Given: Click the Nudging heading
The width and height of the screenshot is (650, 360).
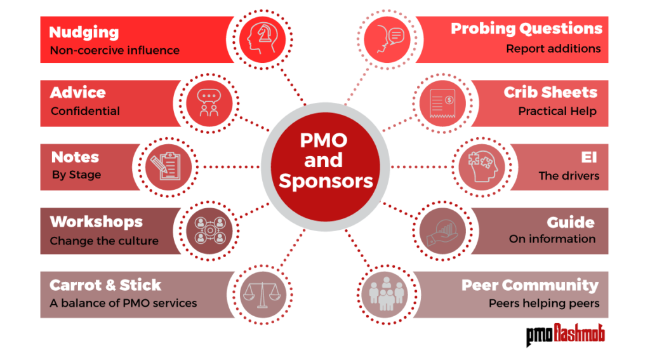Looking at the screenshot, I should click(84, 32).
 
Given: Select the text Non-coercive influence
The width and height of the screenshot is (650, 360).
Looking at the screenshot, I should click(114, 50).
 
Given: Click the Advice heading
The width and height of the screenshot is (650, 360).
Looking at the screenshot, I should click(77, 93).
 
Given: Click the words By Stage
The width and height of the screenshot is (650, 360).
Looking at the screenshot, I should click(76, 175).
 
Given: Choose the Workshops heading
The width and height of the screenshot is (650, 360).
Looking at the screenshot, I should click(96, 222).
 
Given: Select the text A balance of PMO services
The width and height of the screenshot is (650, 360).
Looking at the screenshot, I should click(123, 303).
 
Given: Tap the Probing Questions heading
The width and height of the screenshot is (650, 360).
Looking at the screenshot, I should click(526, 29).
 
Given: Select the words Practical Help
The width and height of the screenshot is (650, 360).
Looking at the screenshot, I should click(557, 111).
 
